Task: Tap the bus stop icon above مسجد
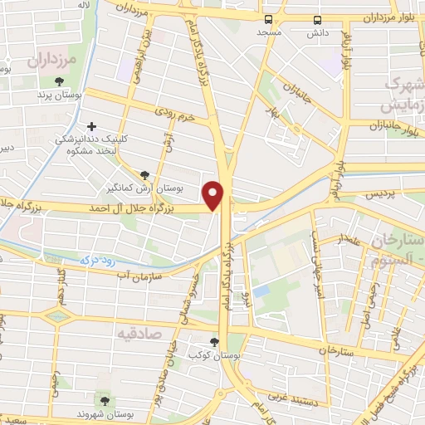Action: (x=268, y=19)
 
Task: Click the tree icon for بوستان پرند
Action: (x=59, y=82)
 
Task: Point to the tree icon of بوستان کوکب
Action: (x=214, y=342)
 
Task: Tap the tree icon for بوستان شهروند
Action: (x=103, y=402)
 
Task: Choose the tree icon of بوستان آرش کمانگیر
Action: (x=145, y=175)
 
